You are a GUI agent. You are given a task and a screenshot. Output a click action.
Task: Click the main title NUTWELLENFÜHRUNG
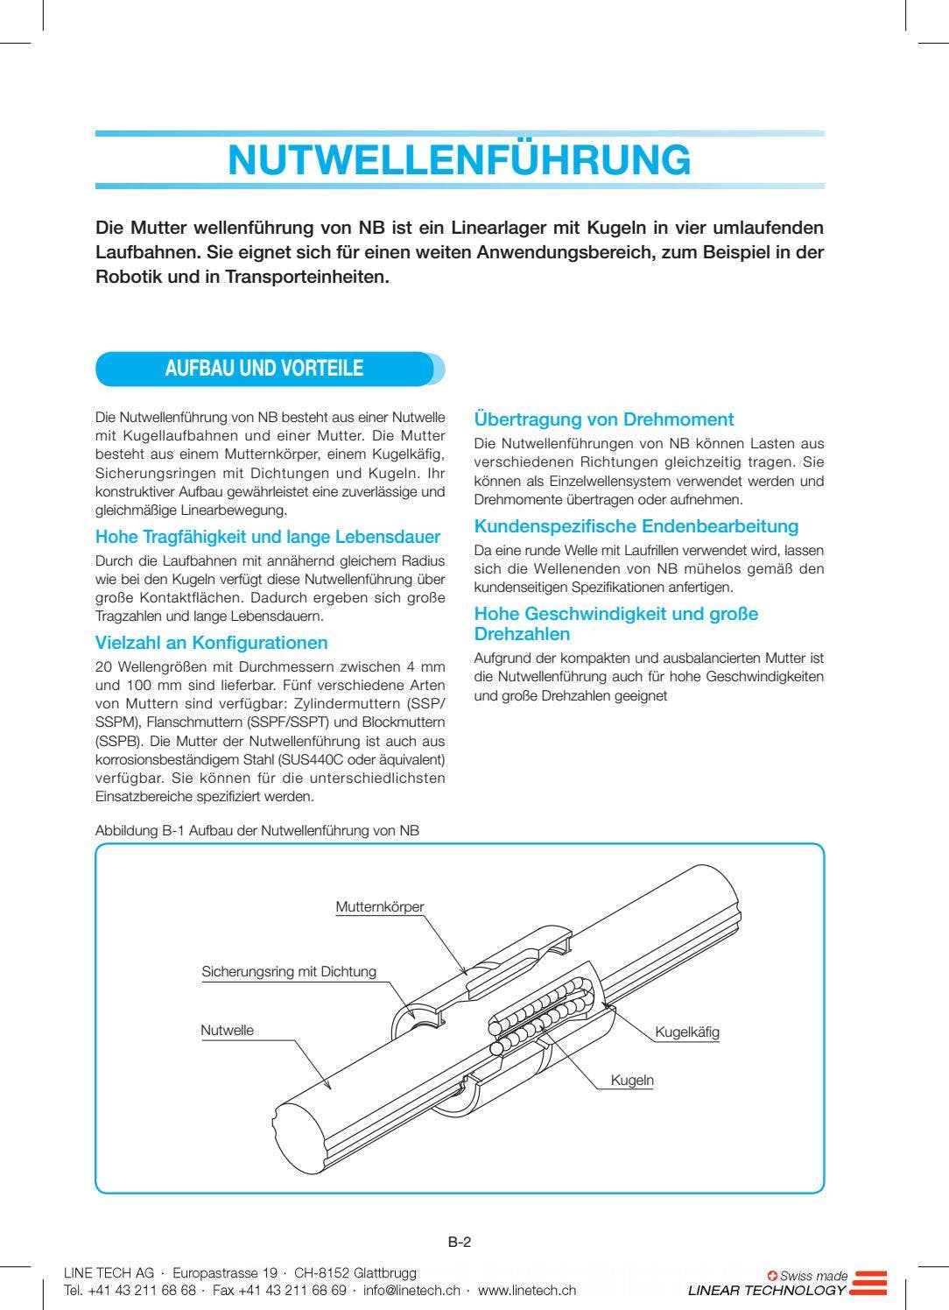[x=459, y=160]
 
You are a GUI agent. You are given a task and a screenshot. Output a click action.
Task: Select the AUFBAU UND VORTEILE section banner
[x=264, y=369]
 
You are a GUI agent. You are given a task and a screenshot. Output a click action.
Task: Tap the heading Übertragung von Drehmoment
[x=603, y=419]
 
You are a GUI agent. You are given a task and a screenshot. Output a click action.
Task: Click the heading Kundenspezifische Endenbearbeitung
[x=636, y=526]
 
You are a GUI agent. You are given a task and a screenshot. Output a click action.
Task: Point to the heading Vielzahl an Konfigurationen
[x=211, y=643]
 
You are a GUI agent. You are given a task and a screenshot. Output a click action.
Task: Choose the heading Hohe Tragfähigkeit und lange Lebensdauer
[x=267, y=537]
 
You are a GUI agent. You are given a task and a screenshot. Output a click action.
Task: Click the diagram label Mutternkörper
[x=379, y=907]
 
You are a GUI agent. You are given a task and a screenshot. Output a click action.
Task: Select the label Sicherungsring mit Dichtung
[x=288, y=971]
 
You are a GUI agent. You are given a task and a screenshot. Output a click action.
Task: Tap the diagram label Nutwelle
[x=227, y=1031]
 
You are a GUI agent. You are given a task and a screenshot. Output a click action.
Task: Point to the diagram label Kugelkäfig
[x=686, y=1032]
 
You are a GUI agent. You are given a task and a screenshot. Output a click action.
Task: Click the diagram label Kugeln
[x=631, y=1081]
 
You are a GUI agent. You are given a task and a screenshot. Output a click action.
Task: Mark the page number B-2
[x=460, y=1242]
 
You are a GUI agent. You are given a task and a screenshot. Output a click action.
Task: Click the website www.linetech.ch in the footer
[x=526, y=1290]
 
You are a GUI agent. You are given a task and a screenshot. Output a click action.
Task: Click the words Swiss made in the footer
[x=813, y=1276]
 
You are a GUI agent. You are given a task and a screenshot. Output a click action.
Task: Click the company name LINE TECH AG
[x=109, y=1272]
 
